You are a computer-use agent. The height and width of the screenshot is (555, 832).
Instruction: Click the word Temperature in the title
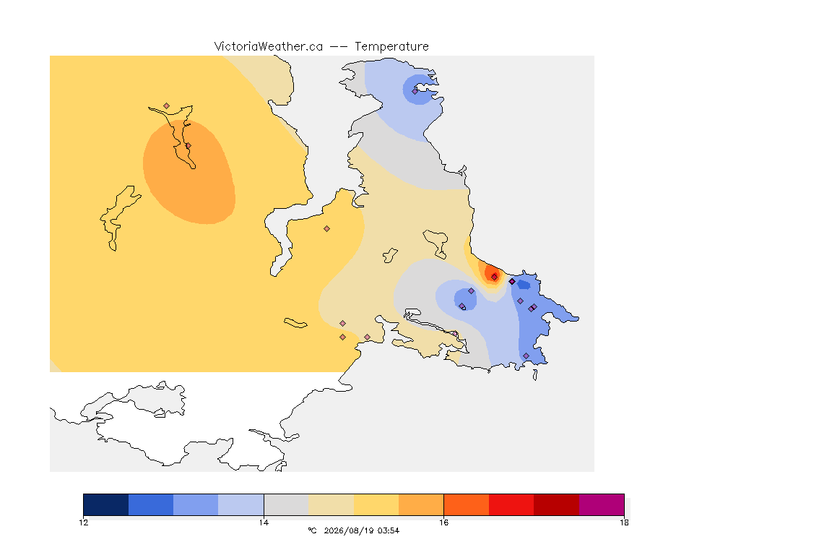[391, 47]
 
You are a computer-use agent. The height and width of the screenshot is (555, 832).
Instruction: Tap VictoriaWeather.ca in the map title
[269, 47]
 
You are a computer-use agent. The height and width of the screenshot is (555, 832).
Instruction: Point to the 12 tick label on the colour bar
[83, 522]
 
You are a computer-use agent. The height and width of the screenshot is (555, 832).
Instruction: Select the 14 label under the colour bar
[264, 522]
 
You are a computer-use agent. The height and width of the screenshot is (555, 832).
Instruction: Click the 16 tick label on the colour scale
[443, 522]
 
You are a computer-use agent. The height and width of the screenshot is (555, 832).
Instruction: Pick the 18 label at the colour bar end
[624, 522]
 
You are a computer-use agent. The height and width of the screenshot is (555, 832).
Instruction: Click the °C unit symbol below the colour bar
[312, 530]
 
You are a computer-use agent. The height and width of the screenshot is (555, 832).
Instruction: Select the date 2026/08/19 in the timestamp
[349, 530]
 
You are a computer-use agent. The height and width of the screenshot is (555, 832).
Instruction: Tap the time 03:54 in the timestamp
[389, 530]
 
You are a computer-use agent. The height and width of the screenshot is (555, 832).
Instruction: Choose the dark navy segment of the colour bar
[106, 504]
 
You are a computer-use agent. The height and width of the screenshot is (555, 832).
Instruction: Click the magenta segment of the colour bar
[601, 504]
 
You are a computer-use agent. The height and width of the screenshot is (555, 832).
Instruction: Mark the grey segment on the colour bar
[286, 504]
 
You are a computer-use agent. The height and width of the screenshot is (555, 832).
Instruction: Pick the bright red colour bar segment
[511, 504]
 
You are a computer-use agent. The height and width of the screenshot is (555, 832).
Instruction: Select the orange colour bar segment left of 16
[421, 504]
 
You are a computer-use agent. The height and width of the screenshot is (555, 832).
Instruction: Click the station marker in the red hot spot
[495, 277]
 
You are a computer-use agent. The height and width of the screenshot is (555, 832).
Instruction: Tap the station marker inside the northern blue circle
[415, 91]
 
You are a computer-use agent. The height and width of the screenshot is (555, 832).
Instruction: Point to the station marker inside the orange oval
[188, 145]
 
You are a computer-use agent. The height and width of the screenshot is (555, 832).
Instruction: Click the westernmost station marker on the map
[167, 106]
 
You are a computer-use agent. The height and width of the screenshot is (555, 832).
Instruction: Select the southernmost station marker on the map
[526, 356]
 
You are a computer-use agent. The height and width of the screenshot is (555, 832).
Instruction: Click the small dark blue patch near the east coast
[524, 285]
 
